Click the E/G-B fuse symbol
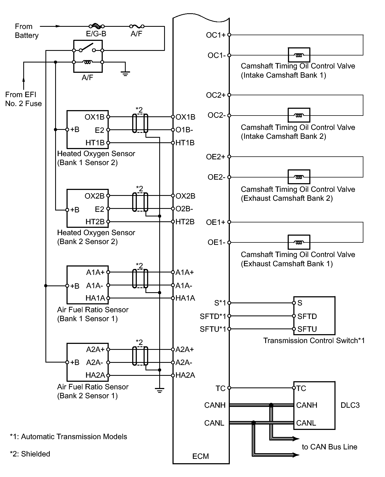point(97,26)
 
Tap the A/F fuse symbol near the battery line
point(137,26)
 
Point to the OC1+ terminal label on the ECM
point(215,35)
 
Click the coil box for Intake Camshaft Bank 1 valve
point(299,55)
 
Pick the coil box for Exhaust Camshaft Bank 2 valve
point(299,177)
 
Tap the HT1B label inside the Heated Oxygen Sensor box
point(95,143)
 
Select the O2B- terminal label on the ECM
point(184,209)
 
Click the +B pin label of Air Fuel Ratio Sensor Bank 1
point(75,286)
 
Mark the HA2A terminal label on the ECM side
point(185,375)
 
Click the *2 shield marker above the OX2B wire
point(140,188)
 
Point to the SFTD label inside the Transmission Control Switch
point(307,316)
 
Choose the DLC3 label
point(350,405)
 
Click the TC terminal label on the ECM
point(221,389)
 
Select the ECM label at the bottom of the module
point(201,456)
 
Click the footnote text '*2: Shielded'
point(30,454)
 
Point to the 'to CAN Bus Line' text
point(330,447)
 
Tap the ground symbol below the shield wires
point(160,390)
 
